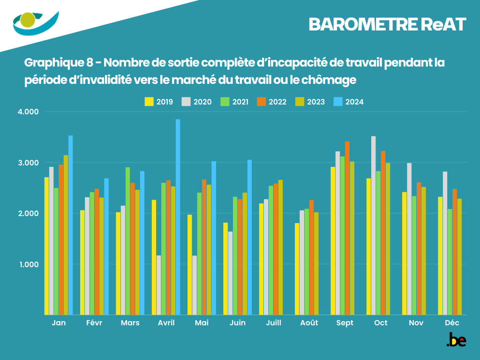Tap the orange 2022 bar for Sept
coord(347,228)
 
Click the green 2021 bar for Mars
coord(127,241)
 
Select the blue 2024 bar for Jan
coord(71,225)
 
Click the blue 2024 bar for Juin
coord(250,237)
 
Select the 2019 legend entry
coord(160,102)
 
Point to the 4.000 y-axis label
coord(29,112)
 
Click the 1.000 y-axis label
coord(29,264)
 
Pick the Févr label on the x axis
coord(94,323)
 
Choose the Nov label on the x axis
coord(416,323)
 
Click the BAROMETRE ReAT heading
coord(388,25)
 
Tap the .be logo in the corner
coord(456,340)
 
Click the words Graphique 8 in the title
coord(58,62)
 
